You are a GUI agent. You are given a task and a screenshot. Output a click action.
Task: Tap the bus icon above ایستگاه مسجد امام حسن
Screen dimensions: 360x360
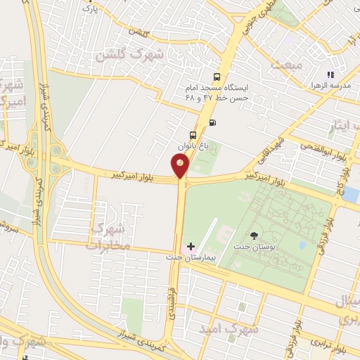click(x=216, y=77)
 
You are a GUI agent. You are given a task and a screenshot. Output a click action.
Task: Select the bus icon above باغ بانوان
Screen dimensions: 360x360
click(x=193, y=134)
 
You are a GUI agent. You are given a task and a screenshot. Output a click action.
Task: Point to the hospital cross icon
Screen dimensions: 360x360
click(x=191, y=246)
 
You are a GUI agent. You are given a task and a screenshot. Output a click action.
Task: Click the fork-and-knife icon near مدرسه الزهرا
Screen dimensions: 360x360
click(x=330, y=74)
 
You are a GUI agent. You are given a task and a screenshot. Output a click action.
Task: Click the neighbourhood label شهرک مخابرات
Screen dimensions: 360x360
click(x=108, y=237)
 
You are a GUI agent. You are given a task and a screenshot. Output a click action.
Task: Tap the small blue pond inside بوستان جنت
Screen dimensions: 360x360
click(x=302, y=245)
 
